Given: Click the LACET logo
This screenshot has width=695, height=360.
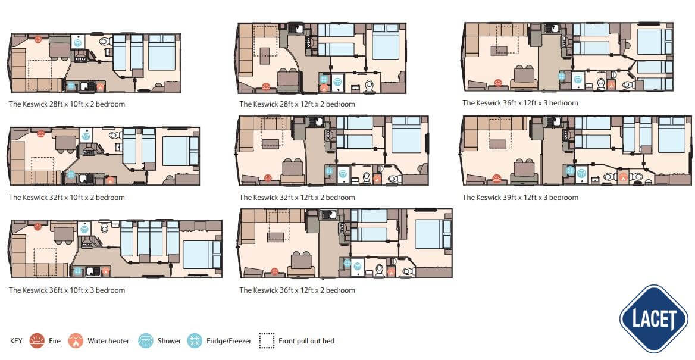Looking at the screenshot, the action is tap(654, 319).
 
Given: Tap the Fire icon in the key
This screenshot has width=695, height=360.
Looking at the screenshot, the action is tap(37, 340).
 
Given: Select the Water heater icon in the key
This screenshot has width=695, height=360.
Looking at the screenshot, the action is tap(76, 340).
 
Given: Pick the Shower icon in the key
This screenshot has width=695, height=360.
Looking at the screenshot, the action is tap(146, 340).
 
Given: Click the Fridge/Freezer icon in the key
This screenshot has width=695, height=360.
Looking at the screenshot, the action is tap(195, 340).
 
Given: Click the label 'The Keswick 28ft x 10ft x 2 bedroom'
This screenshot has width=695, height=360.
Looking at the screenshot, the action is tap(67, 104).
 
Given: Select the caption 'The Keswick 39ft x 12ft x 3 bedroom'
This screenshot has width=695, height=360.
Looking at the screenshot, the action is tap(521, 198).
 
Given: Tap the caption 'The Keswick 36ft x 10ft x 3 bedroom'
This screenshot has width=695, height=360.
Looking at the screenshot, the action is tap(67, 290).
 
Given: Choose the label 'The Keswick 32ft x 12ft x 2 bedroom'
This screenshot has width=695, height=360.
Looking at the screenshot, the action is tap(298, 198).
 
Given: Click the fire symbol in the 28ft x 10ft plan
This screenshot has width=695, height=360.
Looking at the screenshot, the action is tap(37, 39).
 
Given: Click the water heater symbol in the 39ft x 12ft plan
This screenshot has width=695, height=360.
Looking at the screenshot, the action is tap(624, 177).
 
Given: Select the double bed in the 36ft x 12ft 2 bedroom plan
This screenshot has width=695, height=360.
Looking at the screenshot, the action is tap(428, 234).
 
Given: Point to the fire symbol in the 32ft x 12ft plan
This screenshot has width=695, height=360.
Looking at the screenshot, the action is tap(268, 179).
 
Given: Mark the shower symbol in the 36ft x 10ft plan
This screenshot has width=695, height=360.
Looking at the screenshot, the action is tap(84, 228).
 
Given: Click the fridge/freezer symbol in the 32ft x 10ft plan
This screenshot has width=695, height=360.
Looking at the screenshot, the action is tap(70, 175).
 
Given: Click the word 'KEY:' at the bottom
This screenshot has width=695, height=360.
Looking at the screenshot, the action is tap(17, 341).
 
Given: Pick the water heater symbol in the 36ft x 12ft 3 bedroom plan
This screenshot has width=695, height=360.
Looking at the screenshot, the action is tap(611, 84).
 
